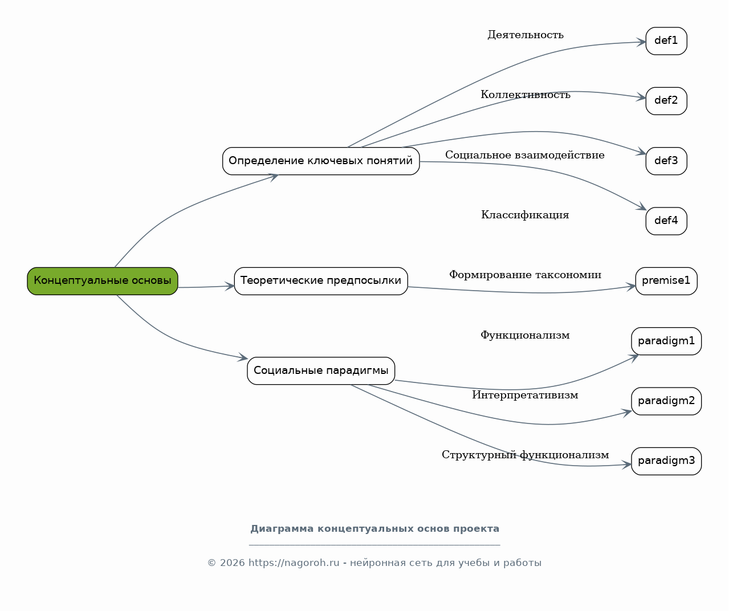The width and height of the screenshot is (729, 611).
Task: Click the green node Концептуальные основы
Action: tap(103, 281)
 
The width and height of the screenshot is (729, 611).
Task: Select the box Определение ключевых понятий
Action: tap(321, 161)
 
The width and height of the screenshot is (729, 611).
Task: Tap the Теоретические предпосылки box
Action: tap(321, 281)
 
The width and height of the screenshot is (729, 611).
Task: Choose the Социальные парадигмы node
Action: tap(321, 371)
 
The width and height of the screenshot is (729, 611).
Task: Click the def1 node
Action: tap(666, 41)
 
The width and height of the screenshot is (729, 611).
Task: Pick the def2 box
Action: tap(666, 101)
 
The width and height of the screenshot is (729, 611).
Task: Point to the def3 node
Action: tap(666, 161)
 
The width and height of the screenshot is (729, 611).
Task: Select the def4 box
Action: tap(666, 221)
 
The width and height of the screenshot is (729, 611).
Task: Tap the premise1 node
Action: tap(666, 281)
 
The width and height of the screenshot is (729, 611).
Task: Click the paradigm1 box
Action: tap(666, 341)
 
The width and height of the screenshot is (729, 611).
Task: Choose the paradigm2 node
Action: tap(666, 401)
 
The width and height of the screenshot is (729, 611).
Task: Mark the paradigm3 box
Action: tap(666, 461)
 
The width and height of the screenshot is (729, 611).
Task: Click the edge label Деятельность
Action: tap(526, 35)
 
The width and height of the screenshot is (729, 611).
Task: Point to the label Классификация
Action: tap(525, 215)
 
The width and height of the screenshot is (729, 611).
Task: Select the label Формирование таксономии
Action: tap(525, 275)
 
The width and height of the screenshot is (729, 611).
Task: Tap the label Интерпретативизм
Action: tap(525, 395)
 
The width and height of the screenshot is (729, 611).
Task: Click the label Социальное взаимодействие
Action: tap(525, 154)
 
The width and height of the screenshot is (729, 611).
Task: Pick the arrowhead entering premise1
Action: tap(631, 287)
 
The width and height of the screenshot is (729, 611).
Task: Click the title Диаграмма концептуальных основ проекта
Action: tap(374, 528)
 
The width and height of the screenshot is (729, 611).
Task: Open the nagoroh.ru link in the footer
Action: tap(294, 563)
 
